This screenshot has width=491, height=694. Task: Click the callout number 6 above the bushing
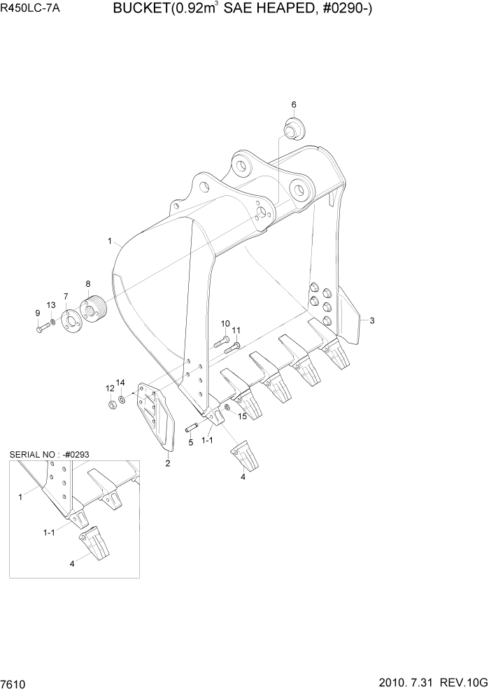pos(294,104)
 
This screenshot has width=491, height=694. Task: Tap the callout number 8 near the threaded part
pos(88,283)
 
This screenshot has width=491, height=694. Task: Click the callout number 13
pos(51,305)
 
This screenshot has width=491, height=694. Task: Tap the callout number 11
pos(236,330)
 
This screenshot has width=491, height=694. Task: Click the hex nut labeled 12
pos(112,405)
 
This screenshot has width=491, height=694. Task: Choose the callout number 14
pos(120,382)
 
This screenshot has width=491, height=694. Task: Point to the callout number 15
pos(243,417)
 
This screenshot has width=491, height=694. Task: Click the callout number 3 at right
pos(372,320)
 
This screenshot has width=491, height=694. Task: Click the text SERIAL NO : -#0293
pos(49,454)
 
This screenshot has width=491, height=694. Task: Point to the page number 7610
pos(14,682)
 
